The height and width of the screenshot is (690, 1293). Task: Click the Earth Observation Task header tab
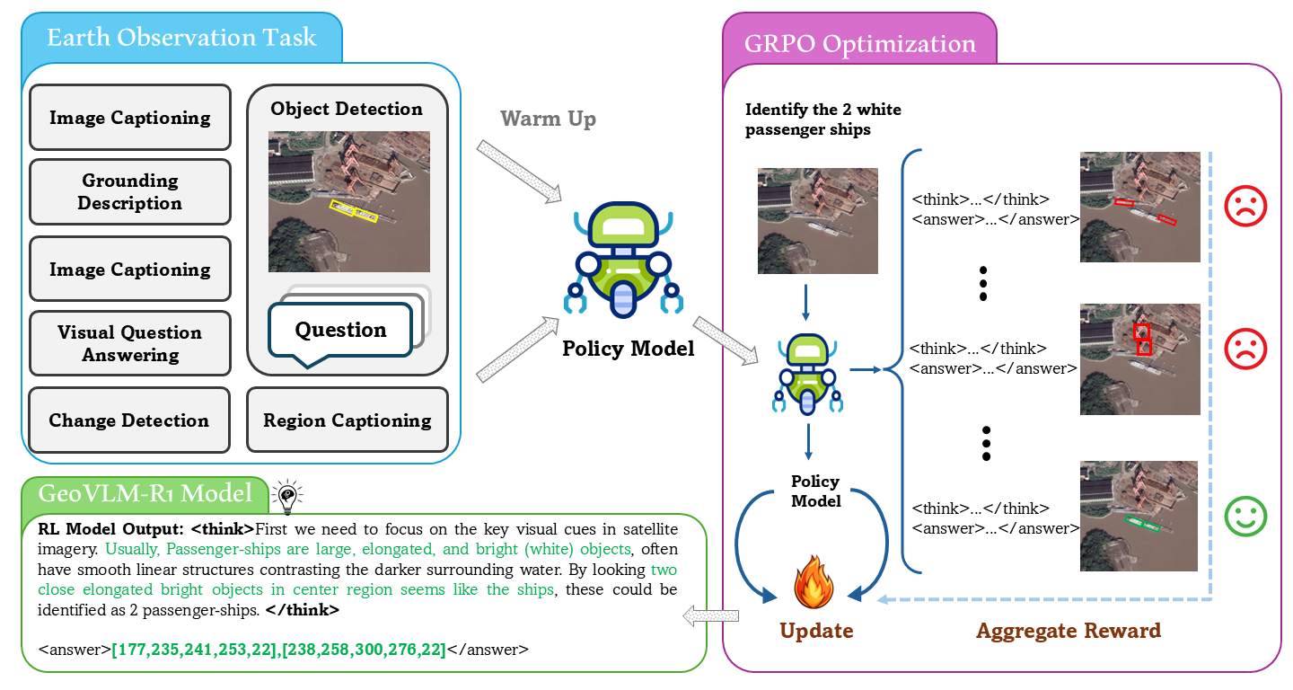click(181, 39)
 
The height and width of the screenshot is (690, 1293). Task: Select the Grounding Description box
click(129, 192)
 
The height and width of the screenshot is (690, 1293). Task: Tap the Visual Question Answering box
click(129, 343)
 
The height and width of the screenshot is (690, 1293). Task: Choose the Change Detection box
click(129, 420)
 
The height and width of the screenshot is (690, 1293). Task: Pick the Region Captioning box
click(347, 420)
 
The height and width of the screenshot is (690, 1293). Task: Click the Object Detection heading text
click(347, 109)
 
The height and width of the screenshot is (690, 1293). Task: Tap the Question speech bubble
click(340, 332)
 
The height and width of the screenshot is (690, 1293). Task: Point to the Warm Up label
click(548, 119)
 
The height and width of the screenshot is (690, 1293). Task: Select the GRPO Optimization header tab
click(859, 44)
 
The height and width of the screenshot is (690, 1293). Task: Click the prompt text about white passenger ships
click(822, 119)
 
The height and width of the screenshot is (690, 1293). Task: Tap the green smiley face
click(1245, 516)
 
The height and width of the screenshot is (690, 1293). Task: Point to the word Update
click(816, 631)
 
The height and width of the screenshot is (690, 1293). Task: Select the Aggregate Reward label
click(1069, 631)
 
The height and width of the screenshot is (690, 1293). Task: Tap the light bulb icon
click(286, 495)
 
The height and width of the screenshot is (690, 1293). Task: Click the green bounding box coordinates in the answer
click(278, 649)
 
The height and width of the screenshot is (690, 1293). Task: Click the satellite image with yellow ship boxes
click(348, 201)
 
